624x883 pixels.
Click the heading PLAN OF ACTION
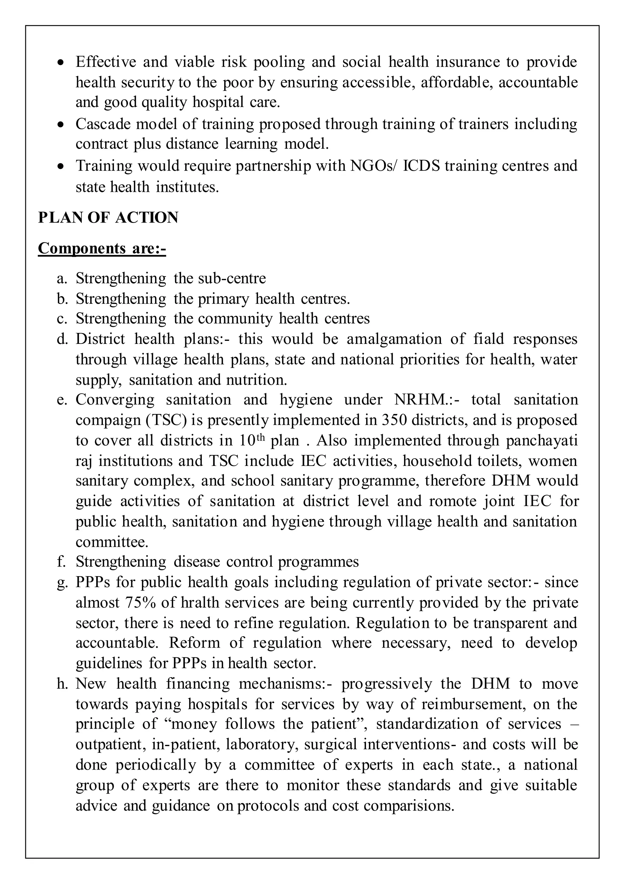tap(108, 218)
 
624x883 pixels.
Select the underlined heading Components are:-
tap(102, 249)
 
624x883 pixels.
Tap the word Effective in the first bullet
tap(106, 62)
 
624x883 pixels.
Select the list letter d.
tap(62, 339)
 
